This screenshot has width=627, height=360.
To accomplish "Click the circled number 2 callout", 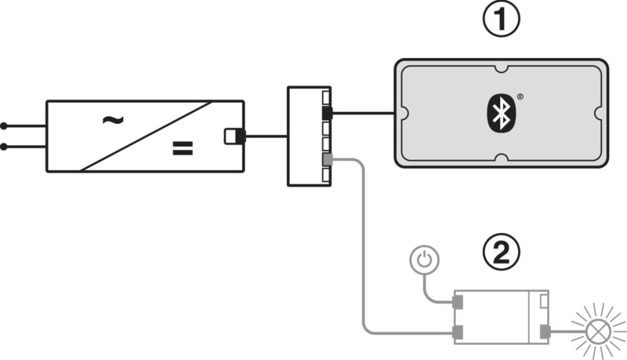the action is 502,253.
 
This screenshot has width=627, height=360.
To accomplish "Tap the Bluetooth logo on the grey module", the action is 501,113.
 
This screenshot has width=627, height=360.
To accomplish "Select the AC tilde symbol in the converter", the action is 113,119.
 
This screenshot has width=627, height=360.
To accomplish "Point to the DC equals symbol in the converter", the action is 183,148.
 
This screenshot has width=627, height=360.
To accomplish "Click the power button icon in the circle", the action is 424,260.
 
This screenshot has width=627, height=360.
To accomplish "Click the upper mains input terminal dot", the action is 4,126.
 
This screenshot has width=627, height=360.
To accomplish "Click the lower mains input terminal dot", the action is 4,147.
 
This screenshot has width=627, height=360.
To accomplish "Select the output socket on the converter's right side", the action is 234,136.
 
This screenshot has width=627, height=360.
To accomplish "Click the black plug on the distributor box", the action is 327,113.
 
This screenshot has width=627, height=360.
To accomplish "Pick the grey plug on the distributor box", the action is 327,160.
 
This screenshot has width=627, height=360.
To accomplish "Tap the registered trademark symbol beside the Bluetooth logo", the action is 520,96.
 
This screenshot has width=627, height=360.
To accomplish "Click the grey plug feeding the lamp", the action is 545,332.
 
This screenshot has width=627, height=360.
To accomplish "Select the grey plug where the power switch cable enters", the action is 458,302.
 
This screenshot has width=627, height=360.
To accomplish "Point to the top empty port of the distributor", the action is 326,97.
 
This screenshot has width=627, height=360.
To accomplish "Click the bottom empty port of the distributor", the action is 326,175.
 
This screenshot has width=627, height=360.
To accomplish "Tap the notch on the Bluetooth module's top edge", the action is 501,68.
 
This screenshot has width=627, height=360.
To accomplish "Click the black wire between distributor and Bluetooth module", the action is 364,113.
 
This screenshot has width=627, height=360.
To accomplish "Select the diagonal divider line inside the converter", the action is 147,136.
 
